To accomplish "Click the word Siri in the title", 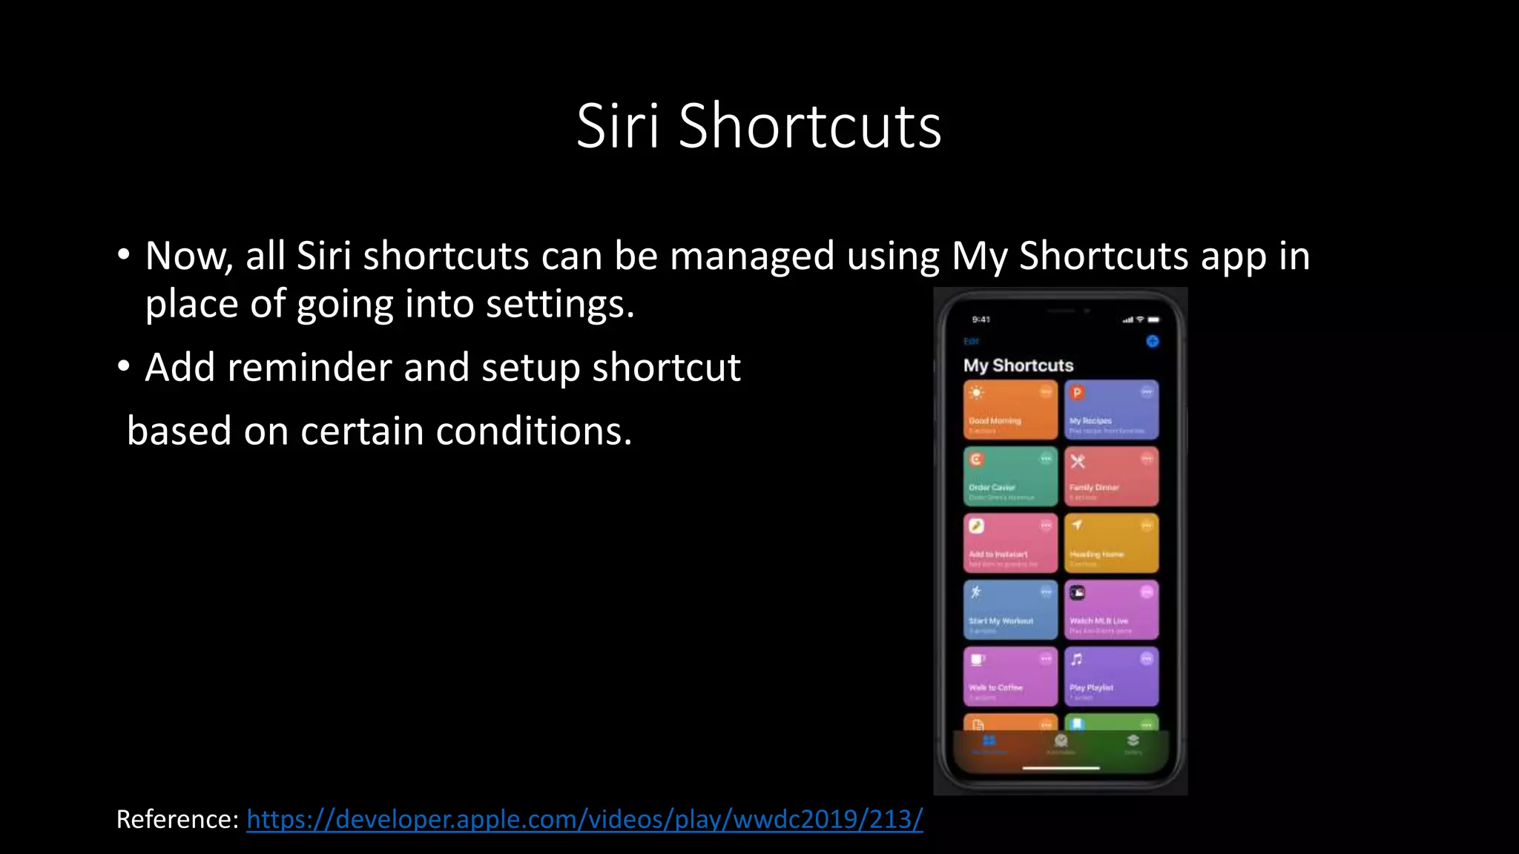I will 617,126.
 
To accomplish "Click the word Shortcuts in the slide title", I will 809,126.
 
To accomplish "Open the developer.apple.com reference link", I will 584,819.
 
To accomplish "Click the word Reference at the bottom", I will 177,819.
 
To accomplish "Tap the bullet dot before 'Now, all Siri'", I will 124,256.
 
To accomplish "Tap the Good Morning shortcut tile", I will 1009,410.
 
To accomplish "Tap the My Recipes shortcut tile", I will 1110,410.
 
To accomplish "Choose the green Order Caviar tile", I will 1009,477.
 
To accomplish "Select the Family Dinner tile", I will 1110,477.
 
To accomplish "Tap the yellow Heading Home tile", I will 1110,543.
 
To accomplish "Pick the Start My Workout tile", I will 1009,610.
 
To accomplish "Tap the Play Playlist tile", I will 1110,677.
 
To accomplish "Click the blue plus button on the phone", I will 1152,341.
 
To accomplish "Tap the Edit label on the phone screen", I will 971,341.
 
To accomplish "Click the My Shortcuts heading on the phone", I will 1018,365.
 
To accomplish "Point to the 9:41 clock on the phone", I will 981,320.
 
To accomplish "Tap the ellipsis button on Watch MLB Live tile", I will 1147,592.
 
